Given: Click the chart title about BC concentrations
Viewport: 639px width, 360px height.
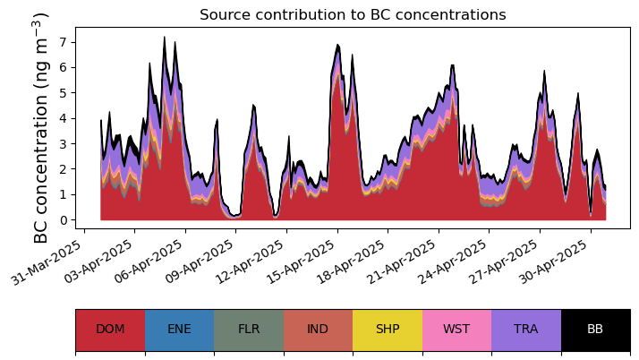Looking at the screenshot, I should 353,15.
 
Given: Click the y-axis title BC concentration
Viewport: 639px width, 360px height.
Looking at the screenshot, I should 41,128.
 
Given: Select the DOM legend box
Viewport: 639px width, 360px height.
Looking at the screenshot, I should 110,330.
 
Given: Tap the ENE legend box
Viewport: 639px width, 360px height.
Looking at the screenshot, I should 179,330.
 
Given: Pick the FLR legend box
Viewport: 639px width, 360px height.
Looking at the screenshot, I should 249,330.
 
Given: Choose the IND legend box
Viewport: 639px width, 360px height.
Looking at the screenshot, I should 318,330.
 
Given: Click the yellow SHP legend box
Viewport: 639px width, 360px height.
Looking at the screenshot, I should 388,330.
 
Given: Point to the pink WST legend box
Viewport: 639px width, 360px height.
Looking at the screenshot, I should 456,330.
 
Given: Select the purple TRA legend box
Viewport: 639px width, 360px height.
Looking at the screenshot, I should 526,330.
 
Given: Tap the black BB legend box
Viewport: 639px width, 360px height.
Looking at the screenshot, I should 595,330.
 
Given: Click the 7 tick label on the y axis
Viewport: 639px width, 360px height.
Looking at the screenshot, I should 64,42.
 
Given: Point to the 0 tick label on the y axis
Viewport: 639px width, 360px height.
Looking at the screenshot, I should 64,220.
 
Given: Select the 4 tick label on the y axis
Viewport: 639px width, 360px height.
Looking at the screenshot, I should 64,118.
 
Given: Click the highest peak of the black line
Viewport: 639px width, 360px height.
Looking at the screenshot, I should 165,38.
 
